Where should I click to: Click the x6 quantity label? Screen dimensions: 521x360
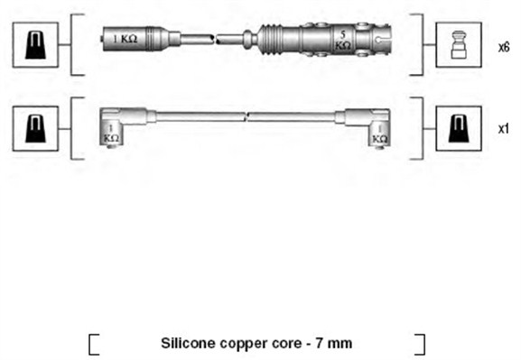[503, 46]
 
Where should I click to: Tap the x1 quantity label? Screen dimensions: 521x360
[503, 129]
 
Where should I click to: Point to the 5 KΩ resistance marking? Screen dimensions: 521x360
[341, 39]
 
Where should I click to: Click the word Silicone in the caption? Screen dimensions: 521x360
[186, 343]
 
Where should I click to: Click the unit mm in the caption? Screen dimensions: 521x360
[340, 344]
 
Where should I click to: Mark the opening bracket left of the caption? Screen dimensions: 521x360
[93, 344]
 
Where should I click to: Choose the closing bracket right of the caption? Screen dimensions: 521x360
[420, 344]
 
